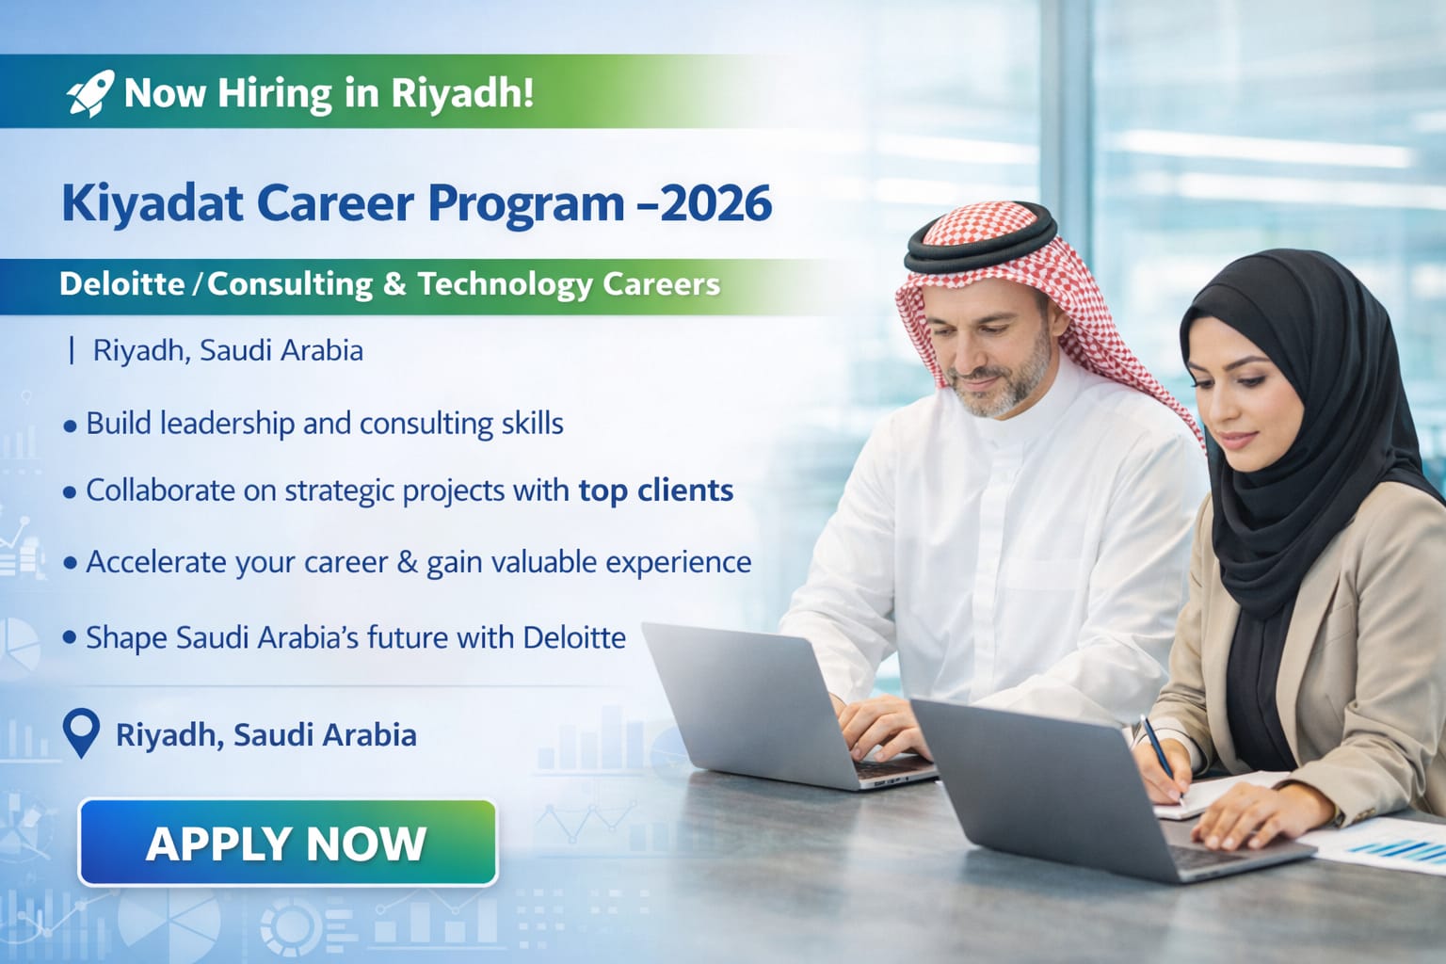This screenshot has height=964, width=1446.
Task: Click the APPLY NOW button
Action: coord(287,843)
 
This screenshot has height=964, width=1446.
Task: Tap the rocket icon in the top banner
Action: coord(90,93)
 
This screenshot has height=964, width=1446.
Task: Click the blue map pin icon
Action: coord(81,732)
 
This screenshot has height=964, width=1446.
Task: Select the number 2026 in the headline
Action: coord(716,203)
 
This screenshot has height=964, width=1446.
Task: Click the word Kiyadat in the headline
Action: coord(152,203)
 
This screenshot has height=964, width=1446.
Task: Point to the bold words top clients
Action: coord(655,490)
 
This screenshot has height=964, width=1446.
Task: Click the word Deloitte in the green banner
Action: coord(121,284)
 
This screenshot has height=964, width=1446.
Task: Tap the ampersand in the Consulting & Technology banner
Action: coord(394,284)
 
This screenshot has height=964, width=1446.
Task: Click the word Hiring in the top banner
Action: coord(275,93)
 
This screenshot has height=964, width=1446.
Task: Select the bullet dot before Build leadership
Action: coord(70,426)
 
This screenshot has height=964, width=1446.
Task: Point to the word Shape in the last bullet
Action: coord(126,638)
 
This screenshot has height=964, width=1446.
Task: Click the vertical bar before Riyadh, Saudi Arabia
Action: coord(72,351)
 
